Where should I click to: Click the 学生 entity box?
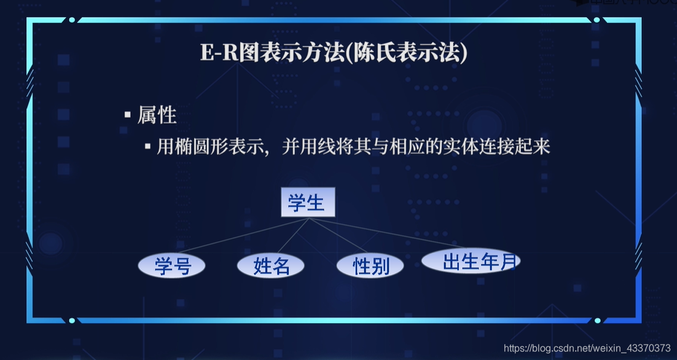[308, 203]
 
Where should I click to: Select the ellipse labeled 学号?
[171, 265]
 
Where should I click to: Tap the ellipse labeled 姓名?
[271, 265]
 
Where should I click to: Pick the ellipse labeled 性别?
[370, 265]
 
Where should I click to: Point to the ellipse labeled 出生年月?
[471, 261]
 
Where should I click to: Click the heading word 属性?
[157, 115]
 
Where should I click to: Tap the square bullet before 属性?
[128, 115]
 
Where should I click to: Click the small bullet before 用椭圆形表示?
[147, 147]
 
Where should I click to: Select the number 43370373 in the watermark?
[648, 348]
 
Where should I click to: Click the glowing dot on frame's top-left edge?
[72, 20]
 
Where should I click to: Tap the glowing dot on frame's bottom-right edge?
[597, 321]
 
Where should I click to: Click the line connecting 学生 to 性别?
[342, 238]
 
